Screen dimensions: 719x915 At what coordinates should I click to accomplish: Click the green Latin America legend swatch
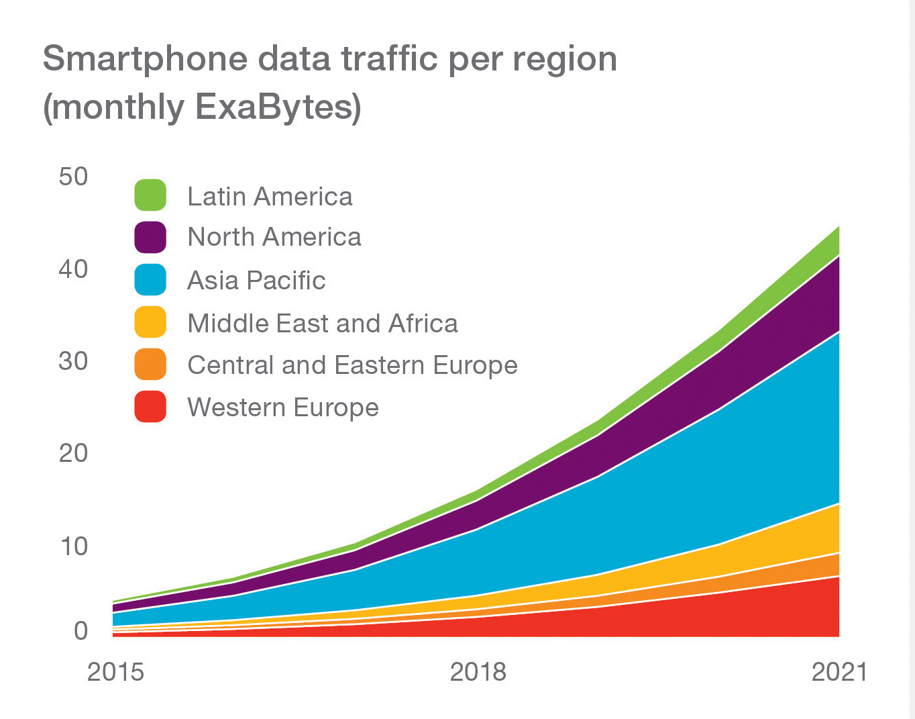click(150, 195)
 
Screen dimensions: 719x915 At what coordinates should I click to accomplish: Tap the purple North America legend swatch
click(150, 237)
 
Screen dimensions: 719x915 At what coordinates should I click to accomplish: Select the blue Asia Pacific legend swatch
click(150, 280)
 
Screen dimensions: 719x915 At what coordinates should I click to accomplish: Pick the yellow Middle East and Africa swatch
click(150, 322)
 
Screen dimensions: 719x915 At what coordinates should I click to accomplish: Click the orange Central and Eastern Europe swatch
click(150, 365)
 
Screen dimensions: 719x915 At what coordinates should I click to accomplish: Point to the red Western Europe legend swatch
click(150, 407)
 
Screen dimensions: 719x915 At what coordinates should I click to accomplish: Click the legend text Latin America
click(270, 197)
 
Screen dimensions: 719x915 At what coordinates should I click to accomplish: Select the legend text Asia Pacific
click(256, 281)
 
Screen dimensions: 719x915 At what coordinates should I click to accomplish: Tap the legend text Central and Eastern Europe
click(352, 365)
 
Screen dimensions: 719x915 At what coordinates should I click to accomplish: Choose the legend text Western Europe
click(283, 408)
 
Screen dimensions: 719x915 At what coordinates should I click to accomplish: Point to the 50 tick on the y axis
click(73, 177)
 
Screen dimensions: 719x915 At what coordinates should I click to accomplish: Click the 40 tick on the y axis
click(73, 269)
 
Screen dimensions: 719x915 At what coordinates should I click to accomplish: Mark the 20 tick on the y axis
click(73, 453)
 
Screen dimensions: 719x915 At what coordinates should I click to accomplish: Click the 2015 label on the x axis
click(115, 671)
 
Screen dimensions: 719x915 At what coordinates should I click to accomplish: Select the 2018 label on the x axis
click(478, 671)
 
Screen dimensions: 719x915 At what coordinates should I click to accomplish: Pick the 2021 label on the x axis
click(839, 671)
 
